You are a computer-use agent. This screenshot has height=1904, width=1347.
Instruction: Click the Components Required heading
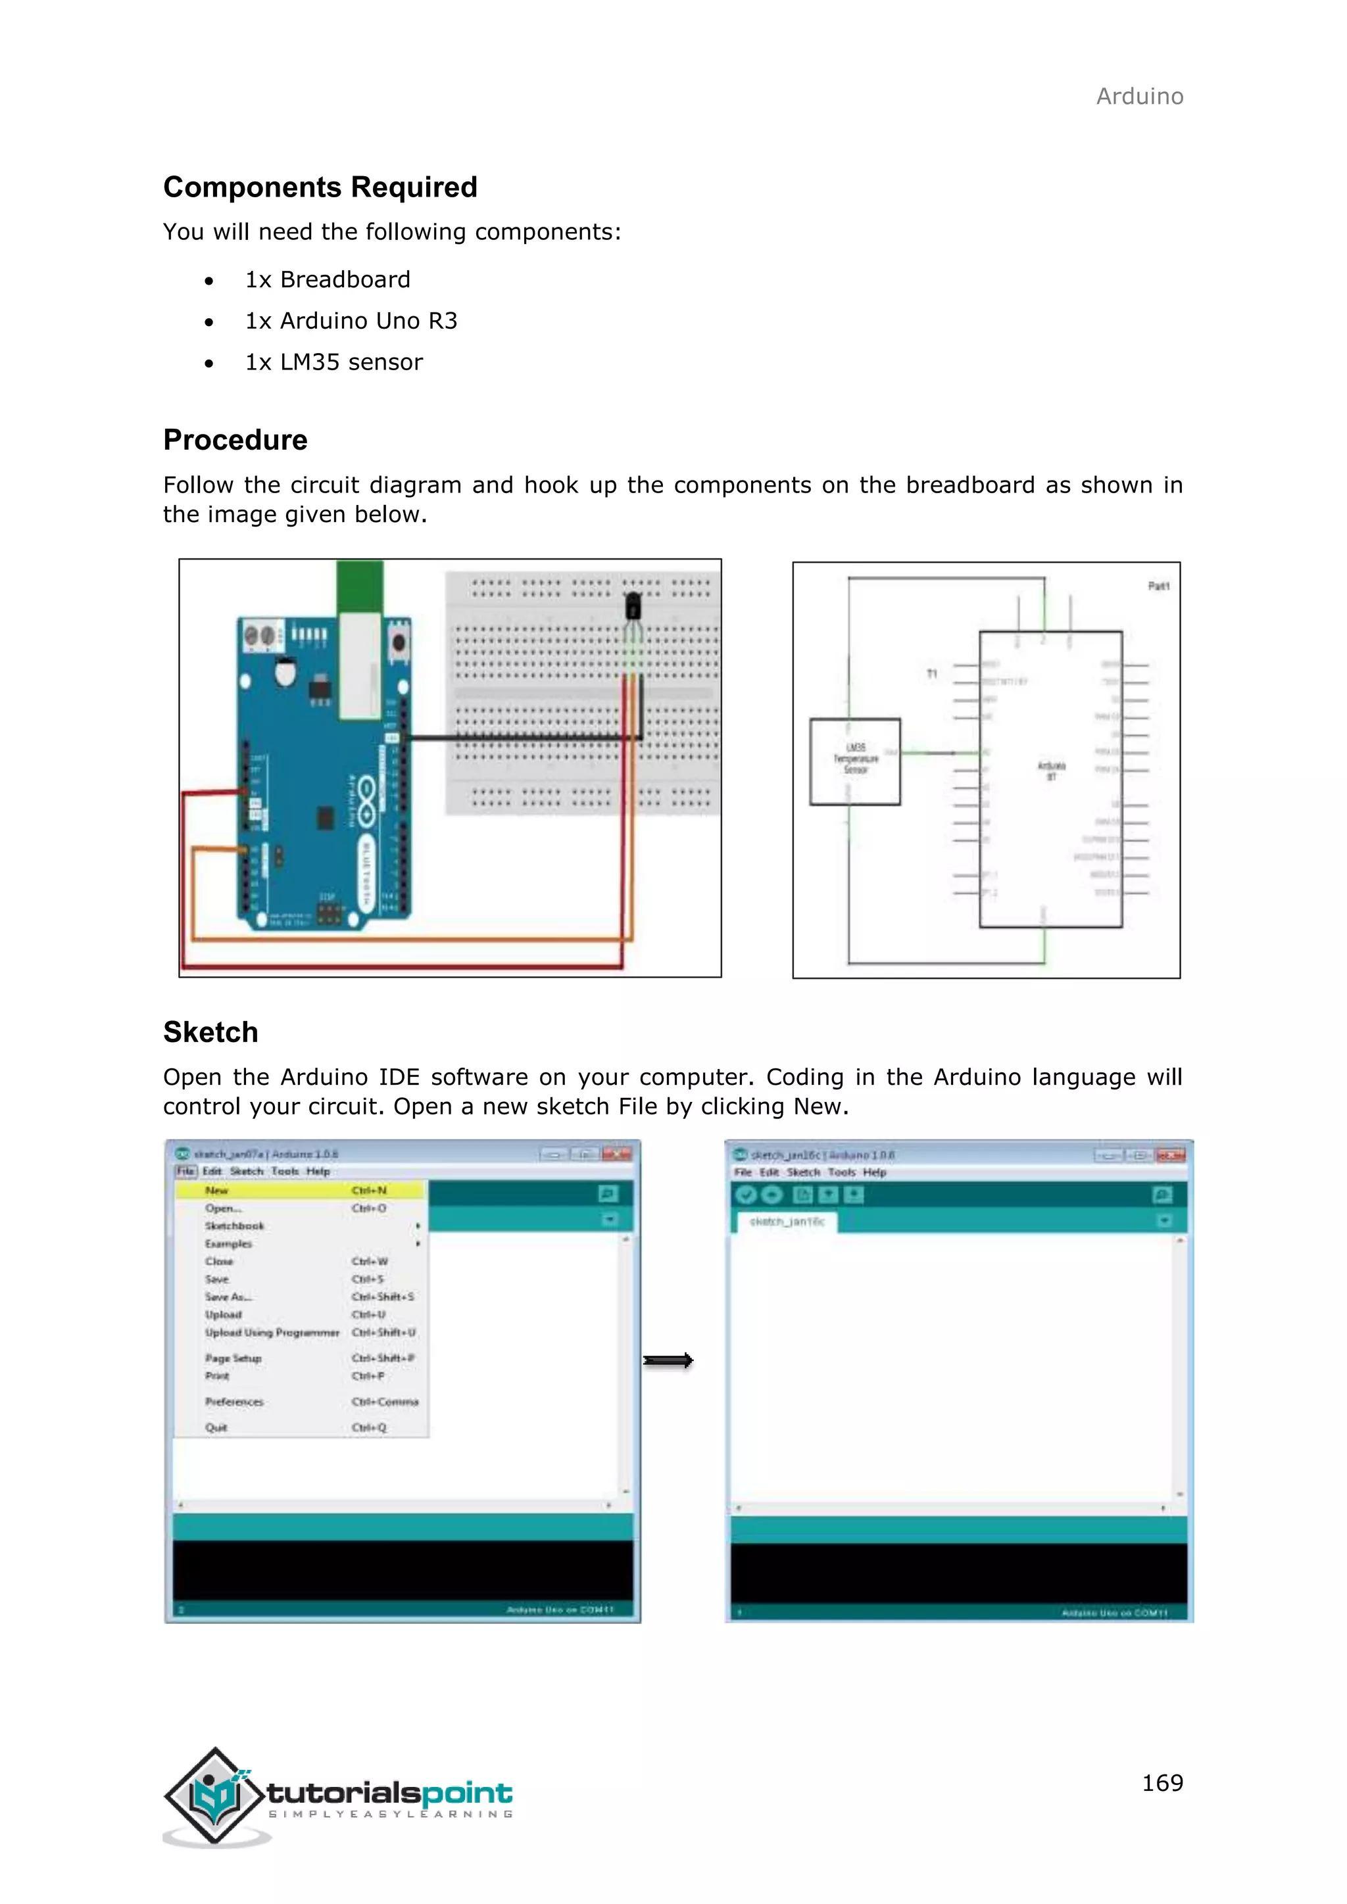coord(320,187)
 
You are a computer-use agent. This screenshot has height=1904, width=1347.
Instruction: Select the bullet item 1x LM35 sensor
coord(333,362)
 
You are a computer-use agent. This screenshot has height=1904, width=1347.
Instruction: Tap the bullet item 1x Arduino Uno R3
coord(351,321)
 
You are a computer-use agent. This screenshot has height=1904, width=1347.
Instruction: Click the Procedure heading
coord(235,440)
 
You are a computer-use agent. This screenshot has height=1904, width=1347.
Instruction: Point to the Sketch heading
coord(210,1032)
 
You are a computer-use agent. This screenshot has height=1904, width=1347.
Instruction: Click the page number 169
coord(1162,1783)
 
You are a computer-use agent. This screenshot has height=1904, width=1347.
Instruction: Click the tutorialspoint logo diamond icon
coord(215,1795)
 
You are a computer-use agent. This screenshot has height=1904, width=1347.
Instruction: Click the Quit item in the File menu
coord(216,1428)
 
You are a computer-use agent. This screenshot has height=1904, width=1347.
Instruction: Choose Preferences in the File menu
coord(235,1402)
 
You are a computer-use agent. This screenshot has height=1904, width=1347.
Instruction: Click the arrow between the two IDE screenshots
coord(668,1361)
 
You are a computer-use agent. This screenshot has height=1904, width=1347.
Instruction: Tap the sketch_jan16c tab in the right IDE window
coord(787,1222)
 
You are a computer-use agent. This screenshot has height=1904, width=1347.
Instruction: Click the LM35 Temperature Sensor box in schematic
coord(855,761)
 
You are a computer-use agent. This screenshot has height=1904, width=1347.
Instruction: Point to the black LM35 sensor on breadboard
coord(633,606)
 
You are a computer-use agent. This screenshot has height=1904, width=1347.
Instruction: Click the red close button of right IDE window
coord(1170,1155)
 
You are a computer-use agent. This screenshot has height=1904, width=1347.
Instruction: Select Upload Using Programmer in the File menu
coord(272,1333)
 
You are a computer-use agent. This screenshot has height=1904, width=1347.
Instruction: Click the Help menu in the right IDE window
coord(874,1173)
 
